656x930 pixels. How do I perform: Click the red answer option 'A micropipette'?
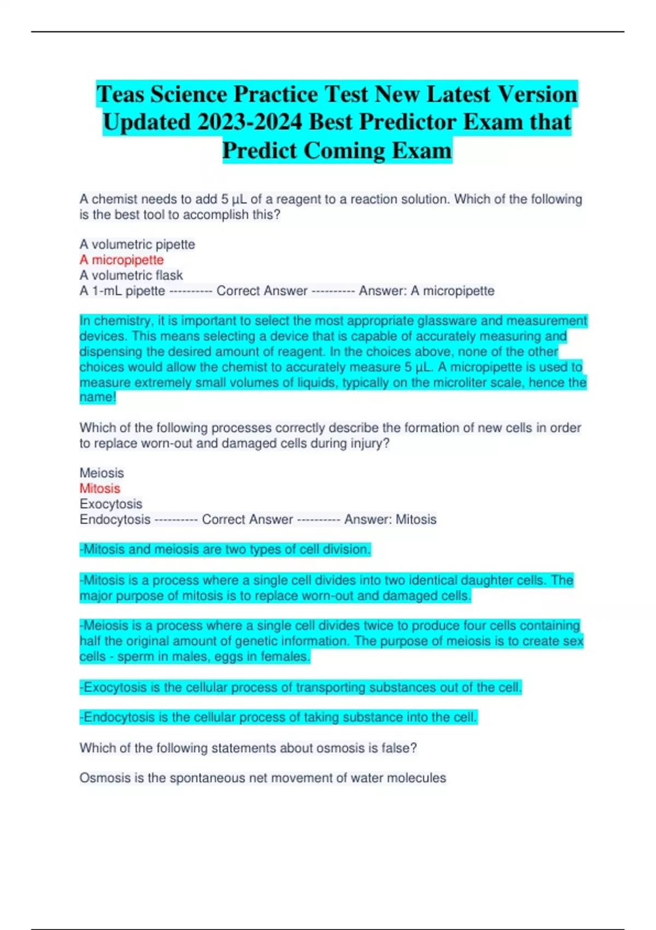121,260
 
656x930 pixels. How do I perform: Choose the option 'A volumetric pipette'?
137,245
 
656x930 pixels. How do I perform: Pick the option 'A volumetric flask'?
131,275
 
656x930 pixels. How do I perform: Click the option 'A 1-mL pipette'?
122,291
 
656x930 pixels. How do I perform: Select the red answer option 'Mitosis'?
99,489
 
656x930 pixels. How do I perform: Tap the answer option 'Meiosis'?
102,473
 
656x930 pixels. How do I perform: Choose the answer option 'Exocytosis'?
111,504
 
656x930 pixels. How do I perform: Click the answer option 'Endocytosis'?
115,520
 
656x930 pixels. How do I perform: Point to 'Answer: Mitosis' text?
390,520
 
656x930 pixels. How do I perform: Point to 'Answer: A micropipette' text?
426,291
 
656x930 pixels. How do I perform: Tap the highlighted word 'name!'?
98,397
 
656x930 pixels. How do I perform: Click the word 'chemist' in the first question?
114,199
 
